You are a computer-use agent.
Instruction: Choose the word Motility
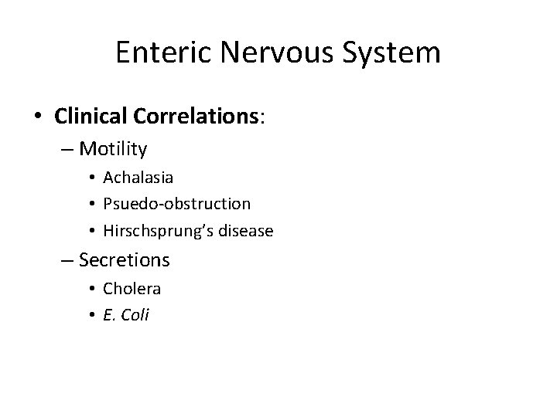point(113,147)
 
